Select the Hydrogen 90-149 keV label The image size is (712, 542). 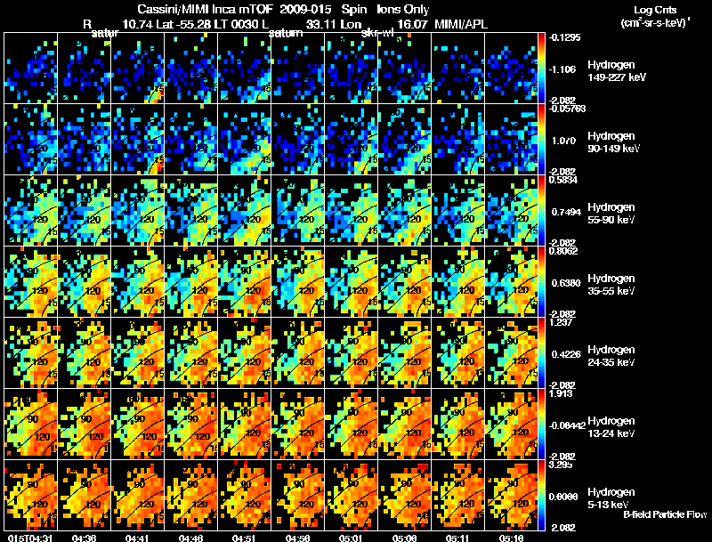point(610,142)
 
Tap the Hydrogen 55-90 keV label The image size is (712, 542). point(610,214)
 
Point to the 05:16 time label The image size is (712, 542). point(512,538)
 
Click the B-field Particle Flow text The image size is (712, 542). point(665,514)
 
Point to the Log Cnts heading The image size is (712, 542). point(652,8)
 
